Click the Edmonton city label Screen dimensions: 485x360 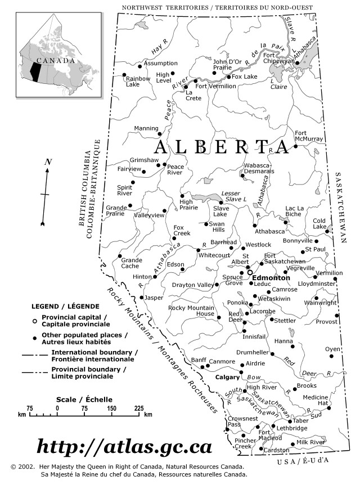pyautogui.click(x=271, y=278)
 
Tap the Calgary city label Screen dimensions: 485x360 pyautogui.click(x=228, y=378)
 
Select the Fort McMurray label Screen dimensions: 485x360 pyautogui.click(x=309, y=136)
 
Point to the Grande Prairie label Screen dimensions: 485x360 pyautogui.click(x=116, y=211)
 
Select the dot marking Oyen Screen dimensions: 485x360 pyautogui.click(x=331, y=356)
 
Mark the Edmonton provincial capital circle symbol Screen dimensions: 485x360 pyautogui.click(x=250, y=272)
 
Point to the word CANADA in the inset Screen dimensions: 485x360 pyautogui.click(x=56, y=61)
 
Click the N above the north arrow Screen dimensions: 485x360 pyautogui.click(x=48, y=163)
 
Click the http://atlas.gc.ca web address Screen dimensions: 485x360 pyautogui.click(x=124, y=447)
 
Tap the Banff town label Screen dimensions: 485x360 pyautogui.click(x=199, y=360)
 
